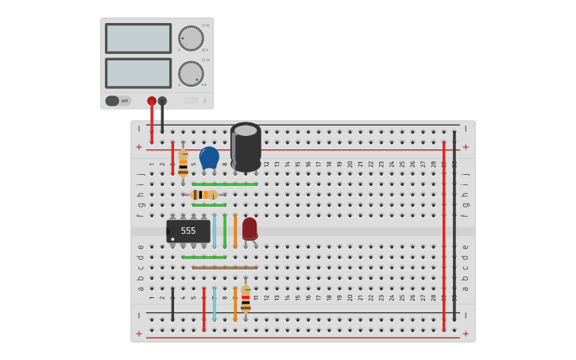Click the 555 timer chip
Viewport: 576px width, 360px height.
[188, 231]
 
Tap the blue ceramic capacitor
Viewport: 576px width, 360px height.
[209, 157]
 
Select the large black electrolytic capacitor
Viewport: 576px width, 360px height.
[245, 145]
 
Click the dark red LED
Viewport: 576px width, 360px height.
[249, 228]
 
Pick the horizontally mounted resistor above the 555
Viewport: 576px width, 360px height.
[204, 195]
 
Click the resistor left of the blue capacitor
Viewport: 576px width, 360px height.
[183, 163]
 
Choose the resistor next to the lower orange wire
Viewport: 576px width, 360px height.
[245, 300]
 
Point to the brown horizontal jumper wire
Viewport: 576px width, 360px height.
[224, 268]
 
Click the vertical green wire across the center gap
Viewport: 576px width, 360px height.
[225, 230]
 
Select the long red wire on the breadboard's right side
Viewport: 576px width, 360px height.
[443, 235]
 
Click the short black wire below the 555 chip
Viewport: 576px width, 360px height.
[172, 304]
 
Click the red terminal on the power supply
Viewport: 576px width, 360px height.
[152, 101]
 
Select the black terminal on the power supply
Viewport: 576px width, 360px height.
[162, 101]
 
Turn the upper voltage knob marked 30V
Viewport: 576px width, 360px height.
[191, 38]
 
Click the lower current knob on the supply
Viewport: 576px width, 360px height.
[191, 73]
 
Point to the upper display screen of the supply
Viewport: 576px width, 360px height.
[138, 38]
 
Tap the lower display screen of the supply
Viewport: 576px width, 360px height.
[138, 73]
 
